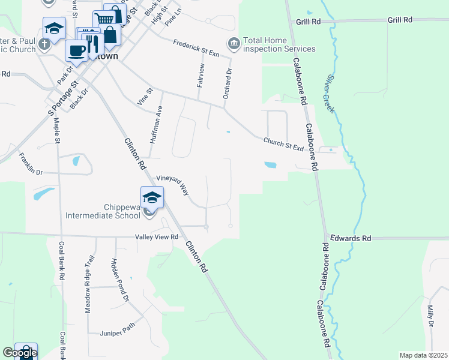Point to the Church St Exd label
[283, 144]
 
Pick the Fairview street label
[200, 76]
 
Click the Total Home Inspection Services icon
[232, 43]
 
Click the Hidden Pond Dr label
[120, 280]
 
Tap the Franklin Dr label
[31, 164]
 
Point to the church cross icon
[44, 44]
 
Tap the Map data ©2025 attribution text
[423, 355]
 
